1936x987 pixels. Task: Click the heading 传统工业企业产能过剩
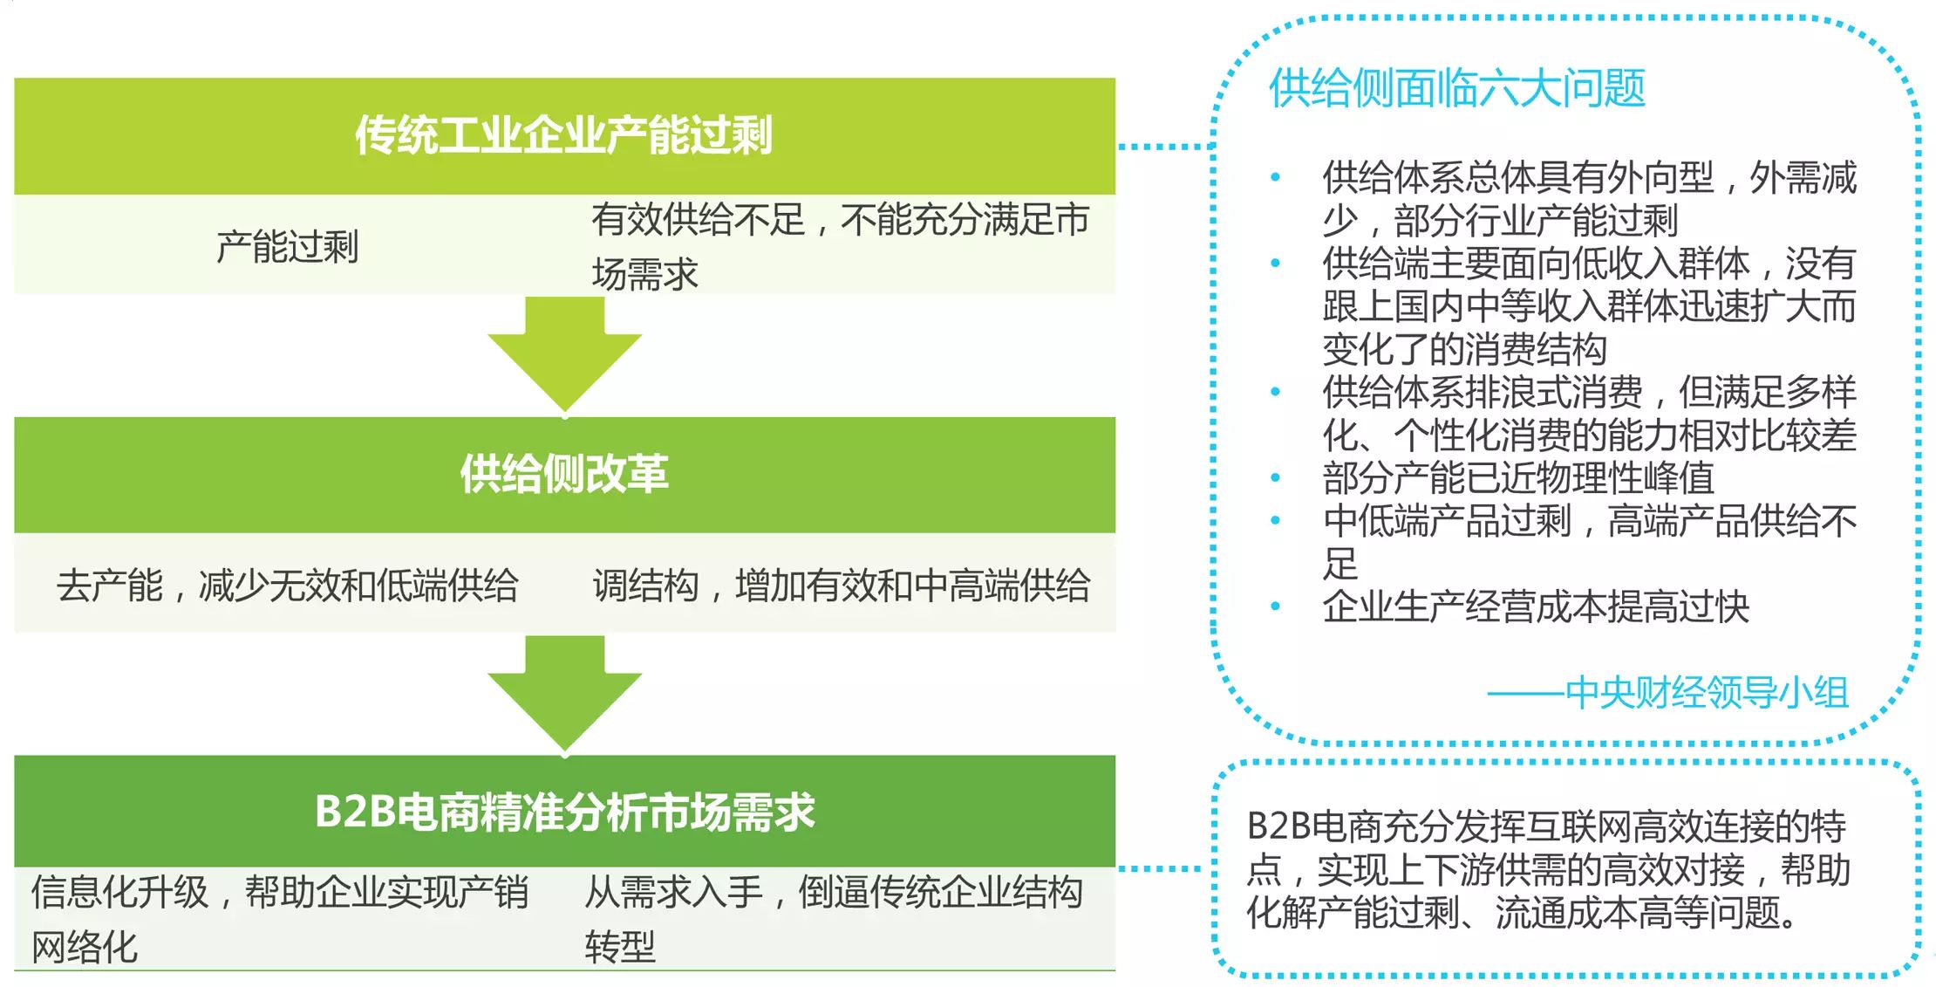(563, 135)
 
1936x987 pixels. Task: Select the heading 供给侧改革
(563, 474)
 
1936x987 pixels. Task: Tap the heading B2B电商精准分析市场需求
(564, 812)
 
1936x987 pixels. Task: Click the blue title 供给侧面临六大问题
(1456, 88)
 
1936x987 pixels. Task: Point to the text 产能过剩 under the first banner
(287, 247)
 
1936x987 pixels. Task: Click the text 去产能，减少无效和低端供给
(287, 586)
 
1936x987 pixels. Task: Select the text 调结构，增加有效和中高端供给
(841, 586)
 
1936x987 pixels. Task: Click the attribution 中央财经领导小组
(1706, 693)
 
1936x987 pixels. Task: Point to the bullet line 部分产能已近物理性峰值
(1517, 478)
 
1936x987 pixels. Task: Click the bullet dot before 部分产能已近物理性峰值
(1275, 478)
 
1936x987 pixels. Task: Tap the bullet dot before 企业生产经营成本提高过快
(1275, 607)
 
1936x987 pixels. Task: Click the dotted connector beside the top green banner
(1165, 147)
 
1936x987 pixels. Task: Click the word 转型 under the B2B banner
(620, 947)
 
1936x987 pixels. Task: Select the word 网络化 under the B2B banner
(85, 947)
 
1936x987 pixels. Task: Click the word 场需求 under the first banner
(644, 274)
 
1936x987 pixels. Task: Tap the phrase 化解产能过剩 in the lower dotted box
(1353, 914)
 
